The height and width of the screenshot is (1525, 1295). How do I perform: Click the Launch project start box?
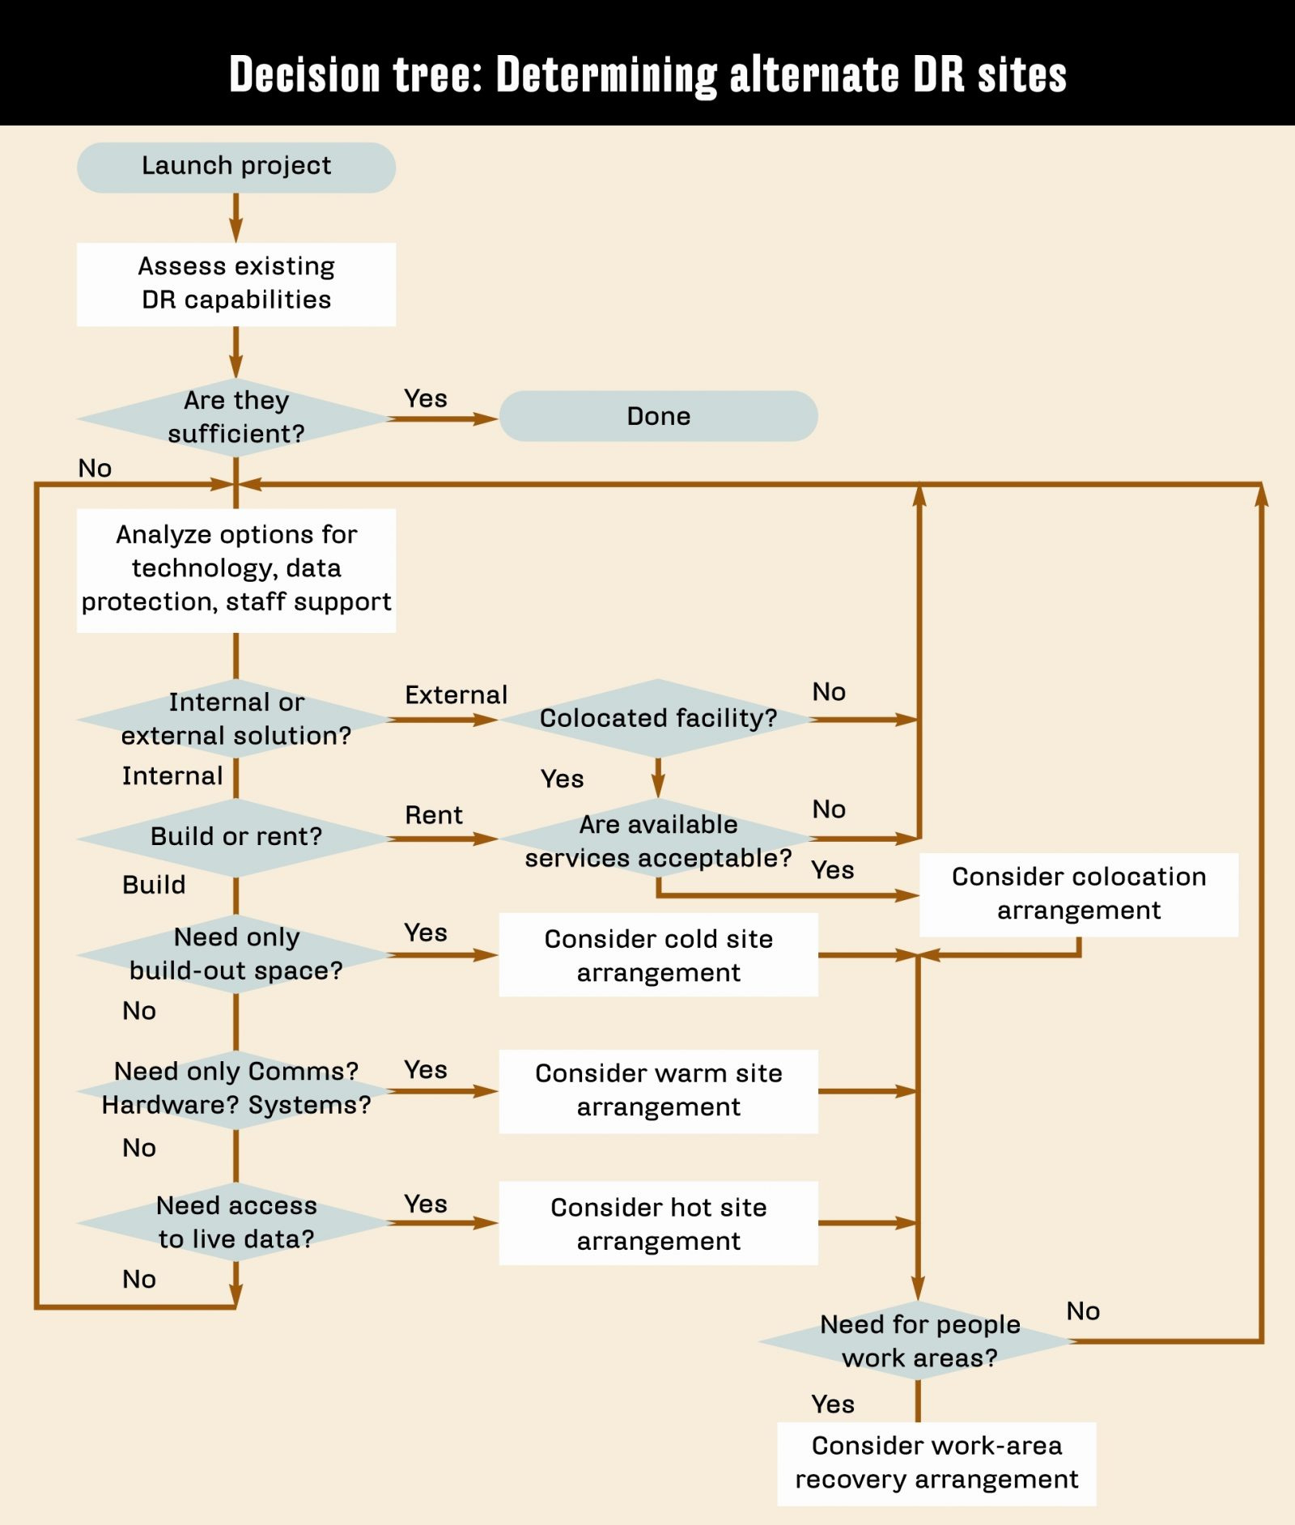[236, 168]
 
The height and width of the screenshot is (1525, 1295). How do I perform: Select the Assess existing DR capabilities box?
[236, 284]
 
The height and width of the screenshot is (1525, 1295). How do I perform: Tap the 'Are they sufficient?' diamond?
[236, 418]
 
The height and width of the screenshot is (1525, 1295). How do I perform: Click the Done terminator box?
[658, 416]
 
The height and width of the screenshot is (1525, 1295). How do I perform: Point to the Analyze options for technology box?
[236, 569]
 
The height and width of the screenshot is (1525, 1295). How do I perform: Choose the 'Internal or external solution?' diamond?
[236, 719]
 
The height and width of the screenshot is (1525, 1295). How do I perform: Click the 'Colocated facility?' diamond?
[658, 718]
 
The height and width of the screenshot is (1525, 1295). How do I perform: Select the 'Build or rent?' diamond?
[236, 837]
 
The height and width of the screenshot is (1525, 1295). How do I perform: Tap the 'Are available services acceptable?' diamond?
[658, 841]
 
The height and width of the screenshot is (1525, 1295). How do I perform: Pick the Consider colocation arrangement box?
[1078, 894]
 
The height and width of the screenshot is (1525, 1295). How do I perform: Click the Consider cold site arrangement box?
[658, 955]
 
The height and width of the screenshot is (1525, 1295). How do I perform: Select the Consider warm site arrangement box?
[658, 1090]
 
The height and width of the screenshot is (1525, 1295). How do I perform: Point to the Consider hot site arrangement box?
[658, 1223]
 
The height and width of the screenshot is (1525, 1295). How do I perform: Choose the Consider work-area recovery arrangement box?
[936, 1463]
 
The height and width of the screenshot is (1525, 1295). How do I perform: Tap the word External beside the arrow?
[456, 695]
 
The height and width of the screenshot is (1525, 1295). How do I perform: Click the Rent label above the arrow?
[434, 815]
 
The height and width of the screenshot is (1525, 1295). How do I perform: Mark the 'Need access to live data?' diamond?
[236, 1222]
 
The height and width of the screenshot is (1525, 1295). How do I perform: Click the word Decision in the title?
[304, 74]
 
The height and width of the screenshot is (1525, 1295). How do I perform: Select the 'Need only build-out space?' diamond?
[236, 954]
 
